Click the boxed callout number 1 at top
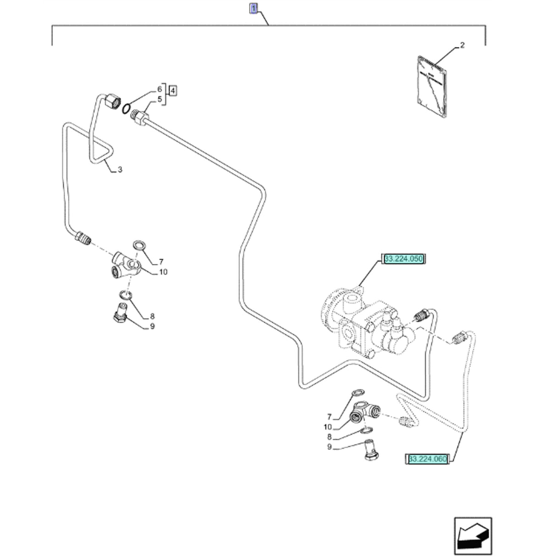coord(253,8)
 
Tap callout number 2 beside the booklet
coord(462,45)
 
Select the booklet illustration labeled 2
coord(433,87)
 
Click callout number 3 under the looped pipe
coord(119,170)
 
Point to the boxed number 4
coord(173,91)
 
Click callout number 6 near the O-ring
coord(160,89)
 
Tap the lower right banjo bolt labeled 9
coord(370,449)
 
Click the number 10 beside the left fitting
coord(162,272)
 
